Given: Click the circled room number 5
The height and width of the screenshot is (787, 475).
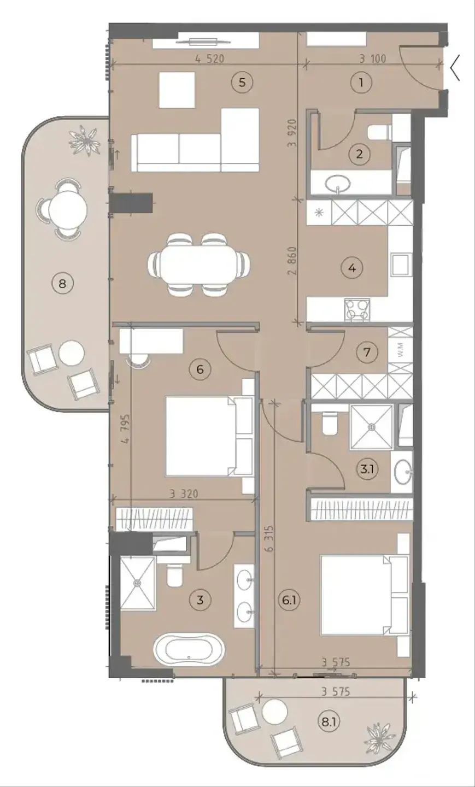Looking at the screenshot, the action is tap(242, 82).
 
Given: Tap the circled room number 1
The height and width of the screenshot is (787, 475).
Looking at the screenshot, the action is tap(361, 83).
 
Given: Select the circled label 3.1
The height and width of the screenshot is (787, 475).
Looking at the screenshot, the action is tap(367, 469).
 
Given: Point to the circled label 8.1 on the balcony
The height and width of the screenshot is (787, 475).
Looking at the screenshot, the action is tap(329, 723).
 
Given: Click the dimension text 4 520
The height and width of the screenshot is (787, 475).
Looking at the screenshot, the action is tap(210, 58).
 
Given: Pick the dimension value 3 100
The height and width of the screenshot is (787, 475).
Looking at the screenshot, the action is tap(372, 58).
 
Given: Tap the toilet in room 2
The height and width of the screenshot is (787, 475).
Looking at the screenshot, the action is tap(380, 132).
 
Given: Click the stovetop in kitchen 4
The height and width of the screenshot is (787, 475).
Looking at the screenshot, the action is tap(357, 309).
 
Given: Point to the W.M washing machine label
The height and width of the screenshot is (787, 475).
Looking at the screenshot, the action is tap(401, 350).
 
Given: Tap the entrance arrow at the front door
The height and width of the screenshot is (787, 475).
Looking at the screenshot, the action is tap(455, 68).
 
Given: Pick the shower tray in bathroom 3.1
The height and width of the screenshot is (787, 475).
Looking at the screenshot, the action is tap(371, 427).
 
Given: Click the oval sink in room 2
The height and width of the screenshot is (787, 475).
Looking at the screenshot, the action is tap(338, 183).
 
